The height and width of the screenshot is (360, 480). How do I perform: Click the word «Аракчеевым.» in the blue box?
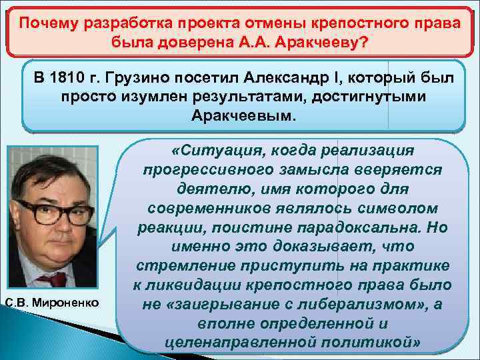click(x=245, y=116)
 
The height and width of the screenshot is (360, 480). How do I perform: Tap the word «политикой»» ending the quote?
click(x=373, y=343)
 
